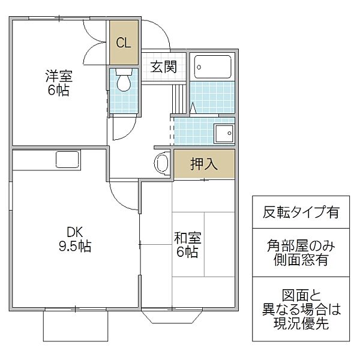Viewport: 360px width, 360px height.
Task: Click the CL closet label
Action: [x=124, y=43]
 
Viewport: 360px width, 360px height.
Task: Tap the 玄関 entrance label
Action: [x=164, y=67]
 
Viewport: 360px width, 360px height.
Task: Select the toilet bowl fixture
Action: [x=124, y=79]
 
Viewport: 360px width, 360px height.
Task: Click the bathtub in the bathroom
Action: [x=212, y=67]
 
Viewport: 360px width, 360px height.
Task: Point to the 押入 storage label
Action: [x=204, y=164]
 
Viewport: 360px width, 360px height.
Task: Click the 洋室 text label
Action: [x=59, y=76]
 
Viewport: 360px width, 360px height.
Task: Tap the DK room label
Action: [x=74, y=232]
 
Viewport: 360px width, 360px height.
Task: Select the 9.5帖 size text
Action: [x=75, y=247]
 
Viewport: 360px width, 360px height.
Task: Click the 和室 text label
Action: [x=188, y=238]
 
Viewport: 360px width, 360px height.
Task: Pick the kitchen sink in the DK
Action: [x=67, y=160]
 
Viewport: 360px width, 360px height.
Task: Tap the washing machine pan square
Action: [x=224, y=133]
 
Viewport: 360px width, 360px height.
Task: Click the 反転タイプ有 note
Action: [x=301, y=212]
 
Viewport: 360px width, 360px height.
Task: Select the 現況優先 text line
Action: [x=301, y=323]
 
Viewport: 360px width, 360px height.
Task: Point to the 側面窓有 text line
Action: [x=301, y=260]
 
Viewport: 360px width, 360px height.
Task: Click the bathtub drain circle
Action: [x=199, y=67]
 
